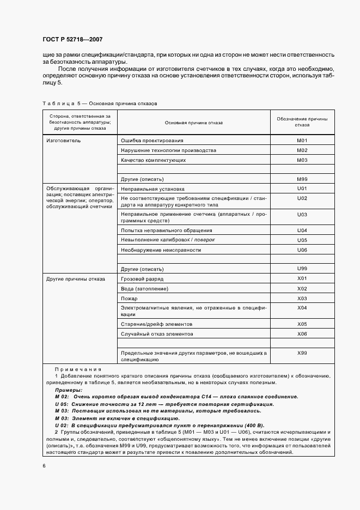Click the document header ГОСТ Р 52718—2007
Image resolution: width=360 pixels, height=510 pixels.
click(x=72, y=40)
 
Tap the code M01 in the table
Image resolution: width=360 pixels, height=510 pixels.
click(x=302, y=141)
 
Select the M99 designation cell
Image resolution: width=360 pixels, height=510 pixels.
click(x=302, y=179)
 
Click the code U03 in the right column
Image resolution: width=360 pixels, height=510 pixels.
click(x=302, y=215)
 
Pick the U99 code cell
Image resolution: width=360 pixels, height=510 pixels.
click(x=302, y=269)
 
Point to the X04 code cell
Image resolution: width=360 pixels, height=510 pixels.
click(x=302, y=308)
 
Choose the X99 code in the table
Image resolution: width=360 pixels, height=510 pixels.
click(x=302, y=353)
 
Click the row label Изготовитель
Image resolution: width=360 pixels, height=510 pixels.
click(x=63, y=141)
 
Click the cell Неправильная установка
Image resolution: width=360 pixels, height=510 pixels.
click(x=149, y=189)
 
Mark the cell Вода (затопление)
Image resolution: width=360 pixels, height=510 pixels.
click(x=144, y=289)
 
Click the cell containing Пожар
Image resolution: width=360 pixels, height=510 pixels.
click(x=129, y=299)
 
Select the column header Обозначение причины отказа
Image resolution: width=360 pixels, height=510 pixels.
click(x=302, y=122)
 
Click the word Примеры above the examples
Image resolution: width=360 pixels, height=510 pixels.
click(x=69, y=390)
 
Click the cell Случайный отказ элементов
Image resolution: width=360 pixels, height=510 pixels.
click(x=157, y=333)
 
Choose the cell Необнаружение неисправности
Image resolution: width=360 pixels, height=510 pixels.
click(x=161, y=250)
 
